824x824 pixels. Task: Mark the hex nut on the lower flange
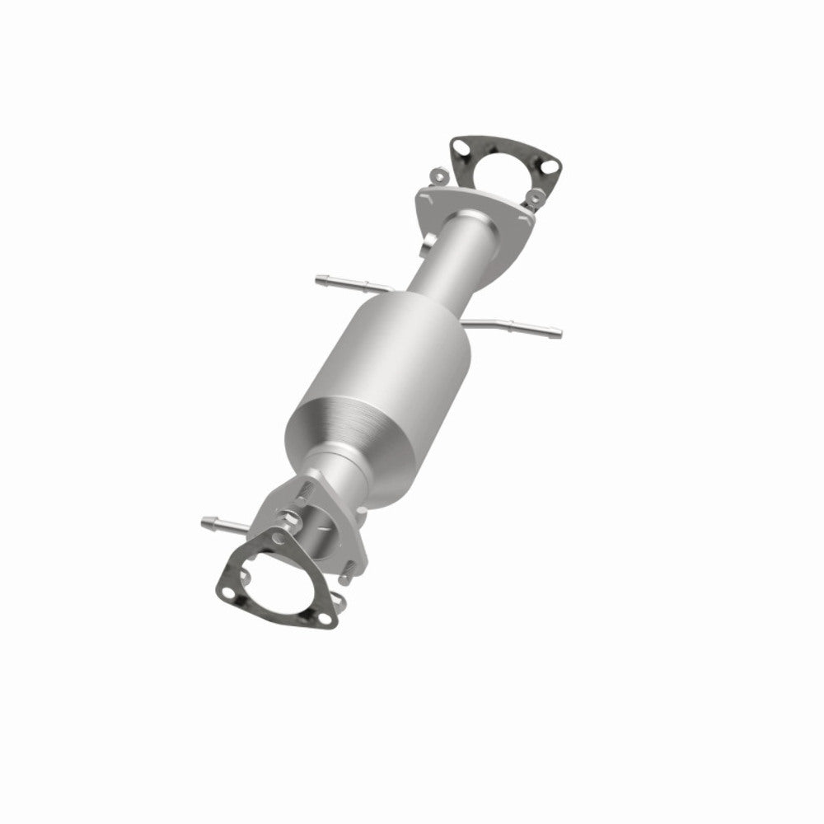[x=289, y=522]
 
